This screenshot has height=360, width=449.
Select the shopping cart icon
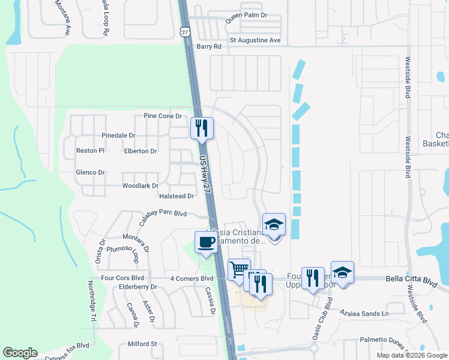239,269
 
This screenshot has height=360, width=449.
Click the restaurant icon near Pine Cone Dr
202,128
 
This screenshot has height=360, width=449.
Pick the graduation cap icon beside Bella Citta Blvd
342,272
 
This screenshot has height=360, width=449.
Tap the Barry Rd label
209,46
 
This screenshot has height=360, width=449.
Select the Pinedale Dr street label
118,136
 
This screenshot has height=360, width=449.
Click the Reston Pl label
90,151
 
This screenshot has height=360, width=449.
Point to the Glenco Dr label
90,173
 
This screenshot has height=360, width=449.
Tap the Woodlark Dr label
140,186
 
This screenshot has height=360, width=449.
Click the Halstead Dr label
176,196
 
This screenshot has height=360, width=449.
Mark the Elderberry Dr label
137,287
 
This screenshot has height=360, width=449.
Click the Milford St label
142,344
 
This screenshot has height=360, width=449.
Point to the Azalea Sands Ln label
364,313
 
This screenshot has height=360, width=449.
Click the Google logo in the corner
20,353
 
